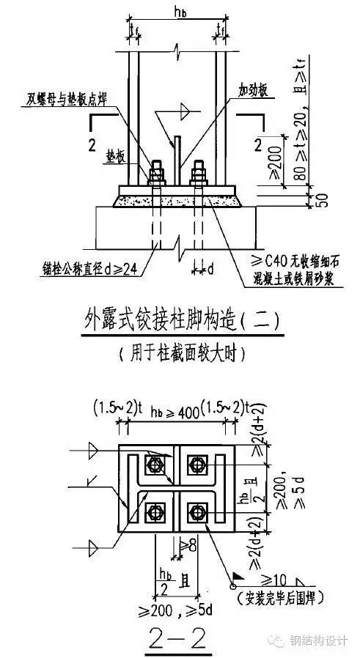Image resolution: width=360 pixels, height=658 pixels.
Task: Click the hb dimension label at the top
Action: [175, 12]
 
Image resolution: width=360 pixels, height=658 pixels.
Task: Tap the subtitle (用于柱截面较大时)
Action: [180, 353]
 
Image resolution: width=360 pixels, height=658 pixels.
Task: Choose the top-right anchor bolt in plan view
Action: [195, 464]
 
